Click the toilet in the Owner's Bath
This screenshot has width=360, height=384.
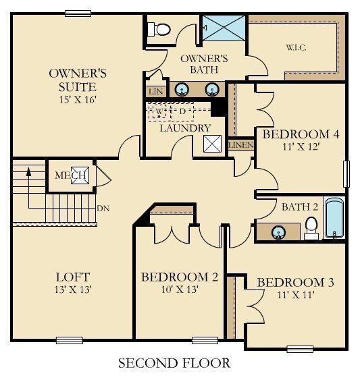pos(159,30)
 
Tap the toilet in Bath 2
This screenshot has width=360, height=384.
pos(311,228)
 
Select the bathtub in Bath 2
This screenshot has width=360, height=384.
pos(334,218)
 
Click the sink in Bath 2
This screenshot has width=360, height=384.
pos(278,232)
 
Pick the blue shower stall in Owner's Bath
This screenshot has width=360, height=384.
pos(224,28)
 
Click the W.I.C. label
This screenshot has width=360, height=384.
pos(296,47)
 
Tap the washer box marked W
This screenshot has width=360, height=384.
pos(159,111)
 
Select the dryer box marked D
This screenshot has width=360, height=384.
pos(182,111)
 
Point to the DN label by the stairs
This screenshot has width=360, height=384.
pos(103,209)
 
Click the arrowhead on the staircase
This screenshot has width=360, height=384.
pos(28,171)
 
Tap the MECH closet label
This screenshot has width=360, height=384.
pos(70,175)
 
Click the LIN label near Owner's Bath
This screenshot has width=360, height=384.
pos(155,92)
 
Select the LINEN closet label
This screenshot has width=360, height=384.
pos(240,145)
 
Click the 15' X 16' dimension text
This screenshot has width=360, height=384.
pos(77,100)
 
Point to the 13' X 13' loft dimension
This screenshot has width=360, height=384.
pos(73,290)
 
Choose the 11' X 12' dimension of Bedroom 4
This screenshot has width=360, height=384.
pos(301,146)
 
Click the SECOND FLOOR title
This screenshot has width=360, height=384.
pos(174,362)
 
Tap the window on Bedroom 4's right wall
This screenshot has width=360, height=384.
pos(346,174)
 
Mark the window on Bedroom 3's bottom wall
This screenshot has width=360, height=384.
pos(300,349)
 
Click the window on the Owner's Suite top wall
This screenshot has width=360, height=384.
pos(78,13)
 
